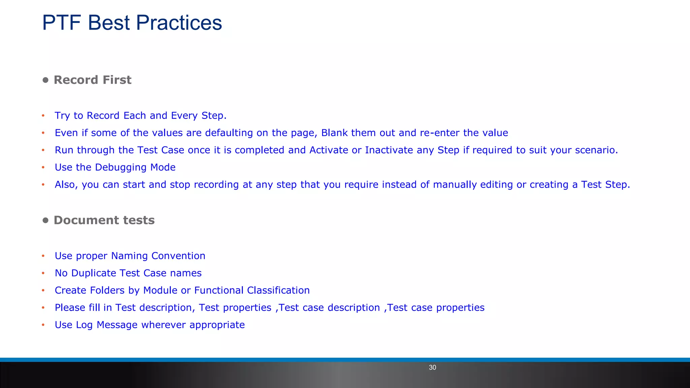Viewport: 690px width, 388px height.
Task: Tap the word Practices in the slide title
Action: [179, 23]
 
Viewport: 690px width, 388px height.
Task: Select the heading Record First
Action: [92, 80]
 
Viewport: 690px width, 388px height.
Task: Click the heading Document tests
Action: [104, 220]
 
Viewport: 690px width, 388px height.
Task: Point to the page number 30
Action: [432, 367]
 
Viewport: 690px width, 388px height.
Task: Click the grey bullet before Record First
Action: [45, 80]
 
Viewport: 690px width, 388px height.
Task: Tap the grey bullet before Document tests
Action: [45, 221]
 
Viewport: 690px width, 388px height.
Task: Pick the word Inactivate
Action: [389, 150]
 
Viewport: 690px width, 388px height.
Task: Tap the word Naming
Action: [129, 256]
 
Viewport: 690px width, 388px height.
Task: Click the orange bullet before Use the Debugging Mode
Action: [43, 167]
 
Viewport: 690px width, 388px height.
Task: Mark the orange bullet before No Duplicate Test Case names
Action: [43, 273]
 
